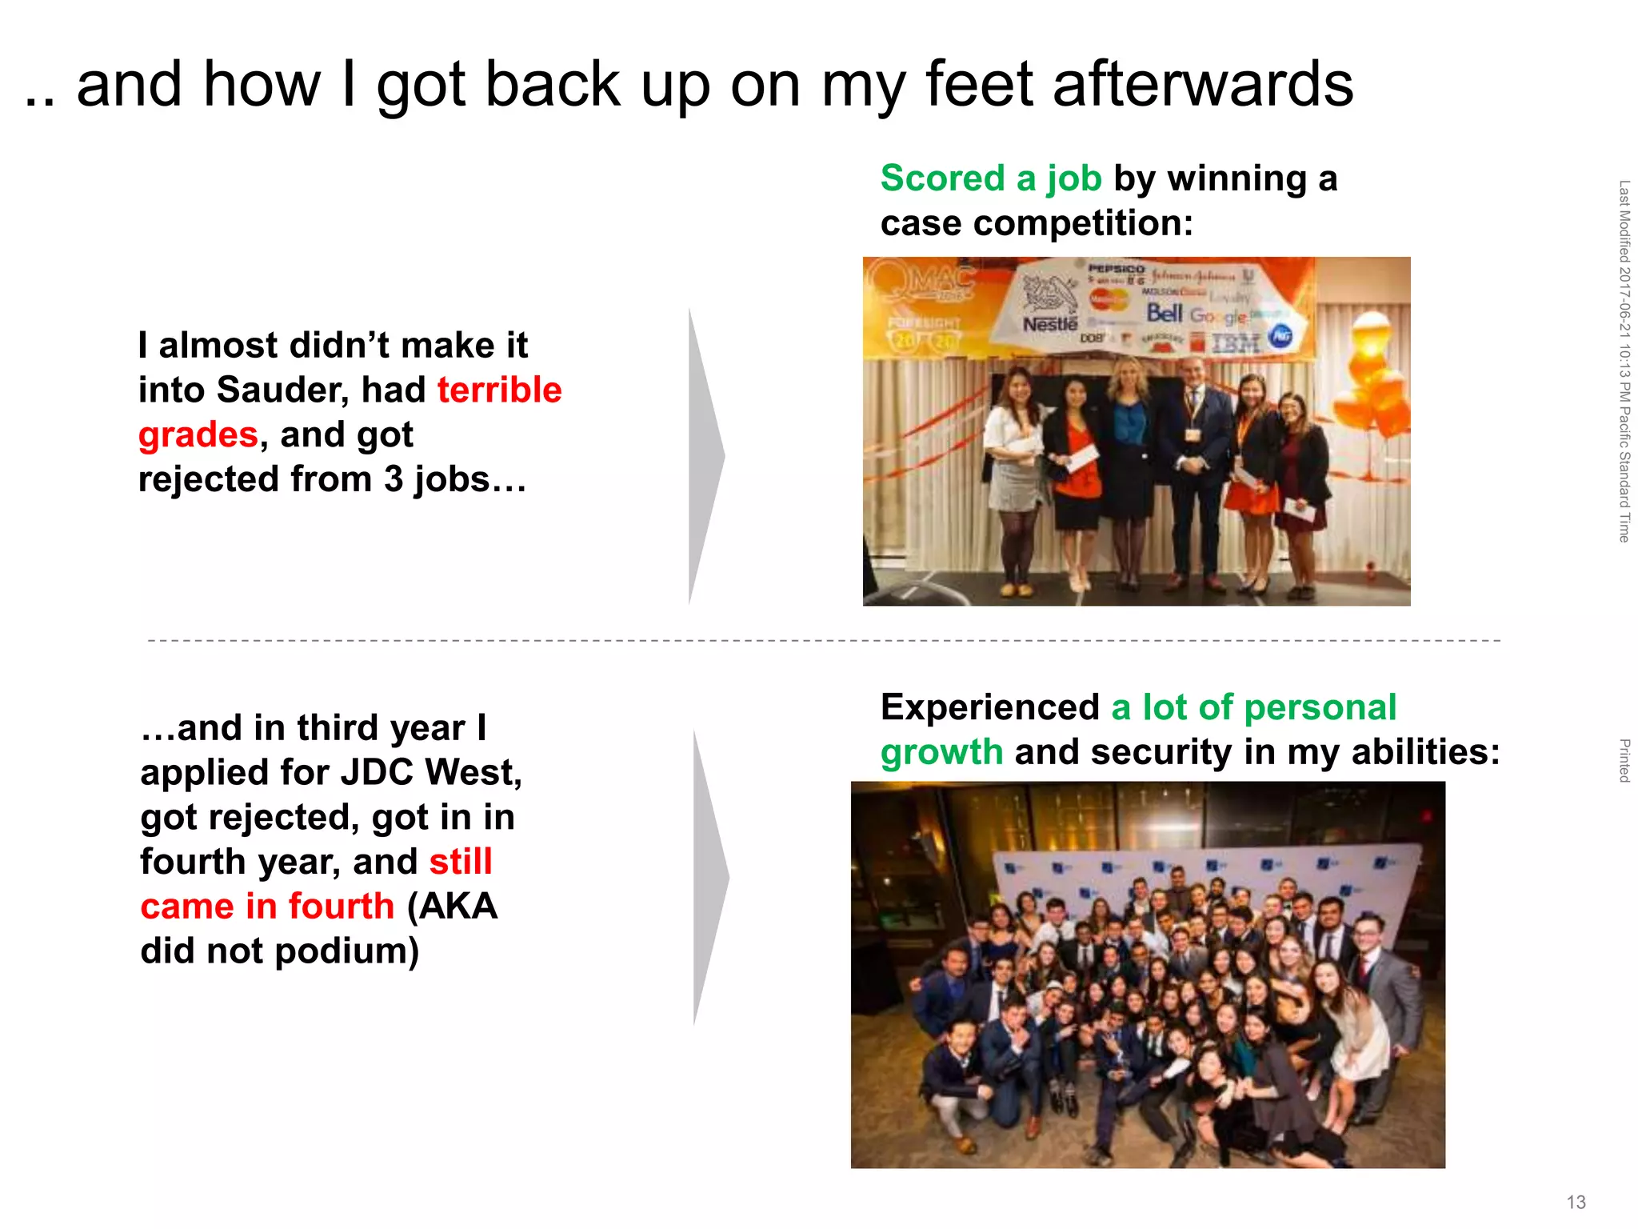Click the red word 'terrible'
[x=499, y=390]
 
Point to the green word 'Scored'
[x=942, y=178]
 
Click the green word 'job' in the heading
[x=1074, y=179]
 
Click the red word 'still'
[x=460, y=862]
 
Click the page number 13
[x=1576, y=1202]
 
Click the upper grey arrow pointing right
[x=704, y=456]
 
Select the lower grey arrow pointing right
[x=709, y=877]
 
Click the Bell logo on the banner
[x=1165, y=313]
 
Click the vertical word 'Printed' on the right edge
[x=1624, y=760]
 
